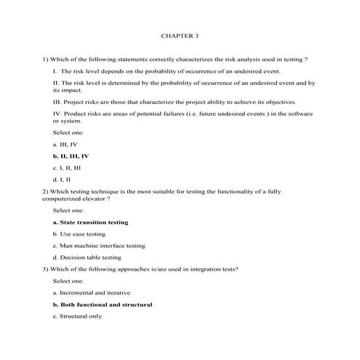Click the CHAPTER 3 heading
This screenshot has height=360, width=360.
tap(179, 35)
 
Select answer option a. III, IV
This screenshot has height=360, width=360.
tap(65, 145)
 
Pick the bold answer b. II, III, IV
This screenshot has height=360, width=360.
tap(71, 156)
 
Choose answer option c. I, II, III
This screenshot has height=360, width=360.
tap(69, 167)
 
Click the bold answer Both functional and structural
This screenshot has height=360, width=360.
tap(103, 304)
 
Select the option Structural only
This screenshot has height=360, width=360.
tap(77, 316)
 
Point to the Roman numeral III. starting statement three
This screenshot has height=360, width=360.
tap(58, 103)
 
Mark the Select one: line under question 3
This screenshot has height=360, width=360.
tap(68, 281)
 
